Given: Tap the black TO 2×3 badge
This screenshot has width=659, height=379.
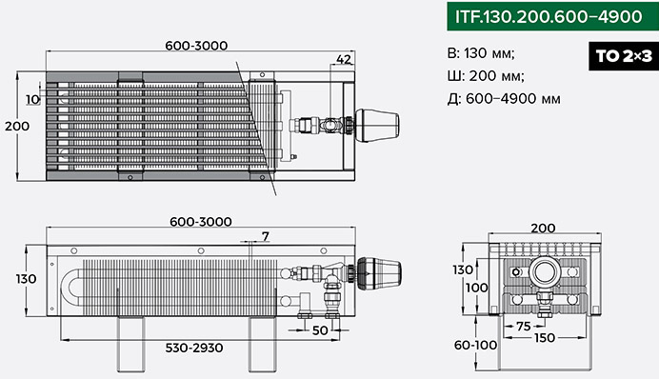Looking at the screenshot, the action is (624, 56).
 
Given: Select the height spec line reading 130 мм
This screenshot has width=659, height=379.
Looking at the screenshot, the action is (481, 53).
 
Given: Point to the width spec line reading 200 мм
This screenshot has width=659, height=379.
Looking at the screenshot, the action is (486, 76).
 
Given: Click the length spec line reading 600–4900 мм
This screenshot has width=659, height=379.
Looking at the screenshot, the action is (504, 99).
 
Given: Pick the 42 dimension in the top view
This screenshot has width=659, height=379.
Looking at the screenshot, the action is (344, 59).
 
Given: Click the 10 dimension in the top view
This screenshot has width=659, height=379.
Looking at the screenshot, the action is (32, 100).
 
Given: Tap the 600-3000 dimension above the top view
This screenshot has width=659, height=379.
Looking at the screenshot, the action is (196, 46).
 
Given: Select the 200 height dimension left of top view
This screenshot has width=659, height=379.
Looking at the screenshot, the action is (17, 126).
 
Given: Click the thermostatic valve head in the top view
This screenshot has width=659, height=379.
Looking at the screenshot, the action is (377, 125).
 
